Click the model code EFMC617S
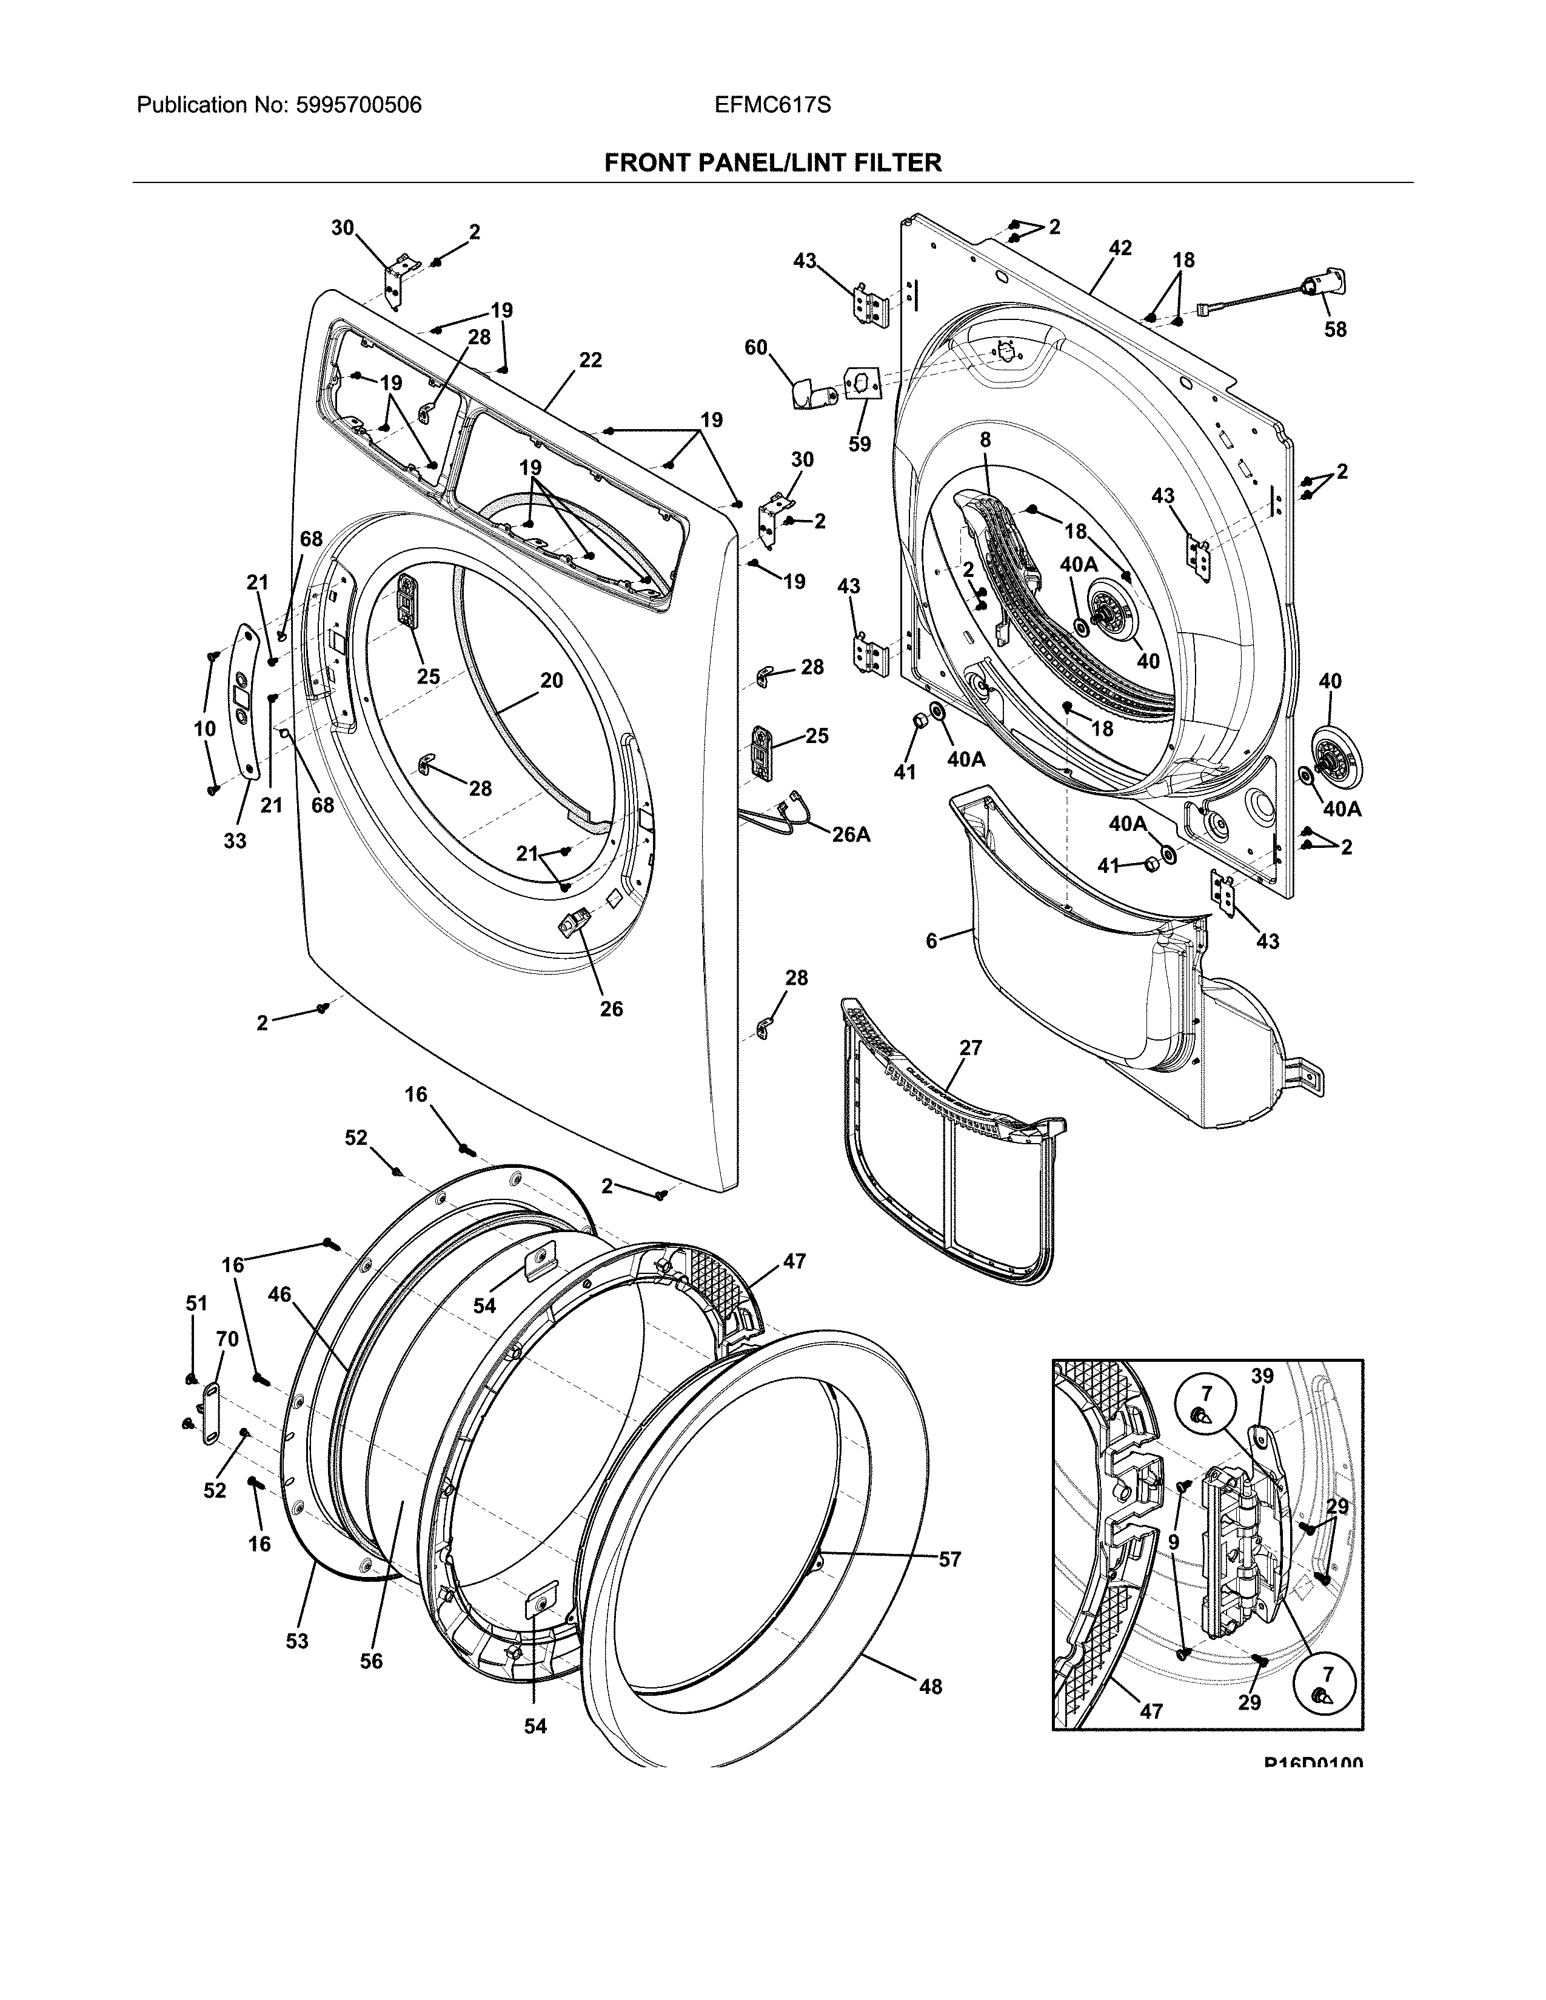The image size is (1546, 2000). (x=773, y=105)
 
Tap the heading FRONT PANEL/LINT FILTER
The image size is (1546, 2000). (x=772, y=163)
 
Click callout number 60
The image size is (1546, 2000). (x=755, y=347)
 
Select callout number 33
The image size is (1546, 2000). (x=235, y=840)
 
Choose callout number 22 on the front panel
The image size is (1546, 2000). (x=590, y=360)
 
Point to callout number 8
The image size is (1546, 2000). (x=985, y=439)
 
